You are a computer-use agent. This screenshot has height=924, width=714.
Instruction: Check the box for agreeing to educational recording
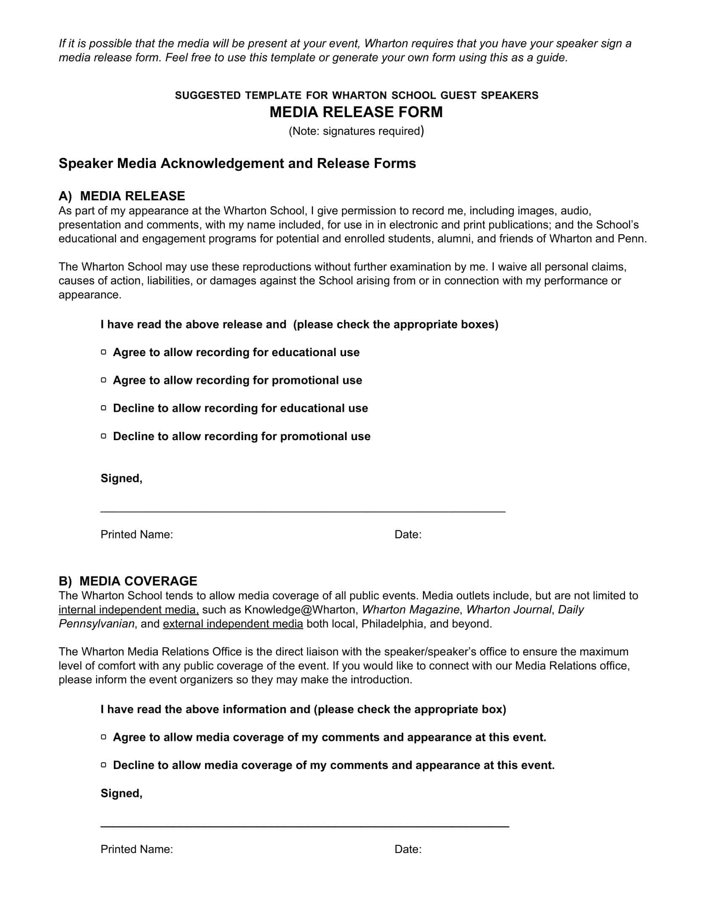point(104,352)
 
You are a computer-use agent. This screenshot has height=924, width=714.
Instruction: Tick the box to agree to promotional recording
point(104,380)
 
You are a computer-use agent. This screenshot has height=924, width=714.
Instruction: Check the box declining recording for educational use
point(104,408)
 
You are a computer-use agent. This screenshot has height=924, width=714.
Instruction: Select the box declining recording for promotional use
point(104,436)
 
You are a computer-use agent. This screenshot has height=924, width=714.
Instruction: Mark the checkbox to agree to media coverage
point(104,737)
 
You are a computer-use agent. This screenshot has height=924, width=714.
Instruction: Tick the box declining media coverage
point(104,765)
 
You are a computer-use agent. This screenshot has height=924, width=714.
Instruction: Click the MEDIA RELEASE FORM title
point(356,112)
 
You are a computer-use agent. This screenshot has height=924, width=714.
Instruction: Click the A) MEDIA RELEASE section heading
point(122,196)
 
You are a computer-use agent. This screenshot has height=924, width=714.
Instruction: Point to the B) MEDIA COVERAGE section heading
point(128,581)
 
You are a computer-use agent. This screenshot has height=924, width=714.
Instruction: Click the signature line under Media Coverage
point(304,825)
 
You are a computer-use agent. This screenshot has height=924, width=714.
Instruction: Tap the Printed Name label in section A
point(136,534)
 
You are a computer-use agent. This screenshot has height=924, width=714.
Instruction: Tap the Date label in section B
point(408,849)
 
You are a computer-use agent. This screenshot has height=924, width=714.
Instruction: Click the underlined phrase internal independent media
point(129,610)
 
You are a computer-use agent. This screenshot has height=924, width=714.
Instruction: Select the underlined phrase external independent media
point(233,624)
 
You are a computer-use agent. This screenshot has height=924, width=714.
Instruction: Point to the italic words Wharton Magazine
point(411,610)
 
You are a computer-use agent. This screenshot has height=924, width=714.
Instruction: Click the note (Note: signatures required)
point(356,131)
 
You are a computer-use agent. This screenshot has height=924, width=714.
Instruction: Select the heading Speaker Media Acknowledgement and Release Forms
point(237,163)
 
